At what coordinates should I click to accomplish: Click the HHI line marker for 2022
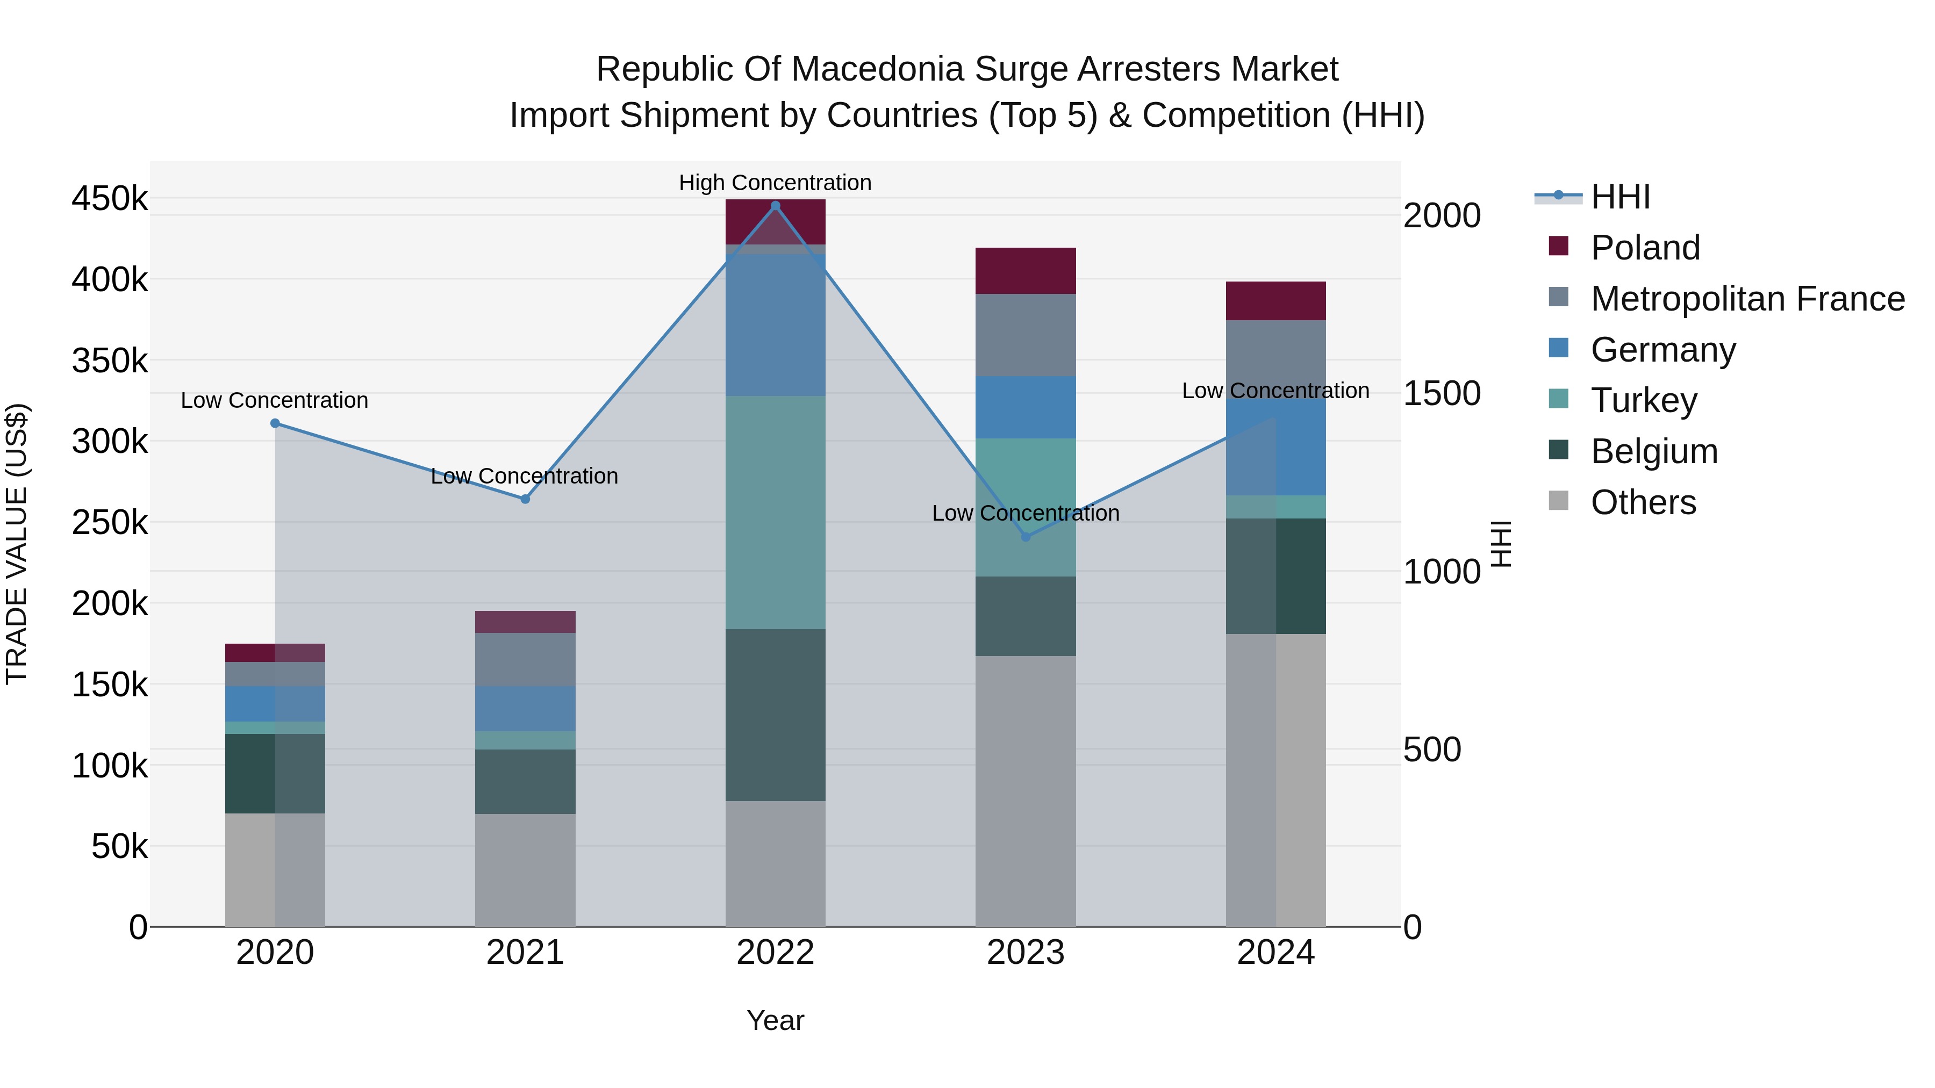pyautogui.click(x=775, y=206)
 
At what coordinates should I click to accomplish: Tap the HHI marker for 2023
pyautogui.click(x=1026, y=537)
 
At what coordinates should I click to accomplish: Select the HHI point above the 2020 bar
pyautogui.click(x=275, y=423)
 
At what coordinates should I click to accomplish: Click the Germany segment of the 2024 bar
pyautogui.click(x=1275, y=447)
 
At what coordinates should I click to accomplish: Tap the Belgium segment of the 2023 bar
pyautogui.click(x=1026, y=616)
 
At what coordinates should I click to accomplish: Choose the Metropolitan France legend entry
pyautogui.click(x=1747, y=299)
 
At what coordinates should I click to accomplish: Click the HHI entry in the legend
pyautogui.click(x=1620, y=197)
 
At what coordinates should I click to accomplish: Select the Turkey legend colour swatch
pyautogui.click(x=1559, y=399)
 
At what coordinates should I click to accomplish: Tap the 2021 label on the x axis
pyautogui.click(x=525, y=953)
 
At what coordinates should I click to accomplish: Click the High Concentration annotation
pyautogui.click(x=775, y=183)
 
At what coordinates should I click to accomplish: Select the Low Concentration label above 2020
pyautogui.click(x=275, y=400)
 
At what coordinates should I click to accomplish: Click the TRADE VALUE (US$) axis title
pyautogui.click(x=17, y=544)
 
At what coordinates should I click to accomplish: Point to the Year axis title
pyautogui.click(x=775, y=1020)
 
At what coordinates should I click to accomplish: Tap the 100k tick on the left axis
pyautogui.click(x=110, y=766)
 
